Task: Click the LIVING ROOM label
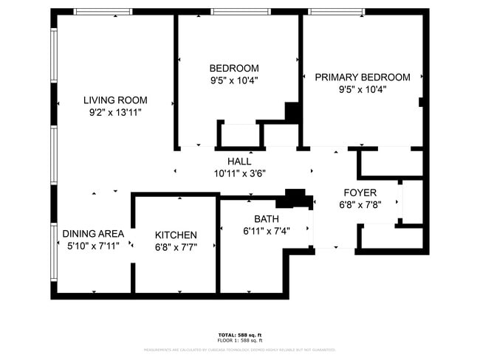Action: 115,100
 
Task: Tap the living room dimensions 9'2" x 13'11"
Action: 115,113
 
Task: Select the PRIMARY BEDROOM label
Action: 363,77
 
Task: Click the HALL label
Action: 239,161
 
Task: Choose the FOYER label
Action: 357,193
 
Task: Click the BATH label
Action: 267,218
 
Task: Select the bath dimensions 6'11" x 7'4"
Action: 267,230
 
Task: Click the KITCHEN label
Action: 176,235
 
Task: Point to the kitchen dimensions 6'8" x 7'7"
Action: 176,247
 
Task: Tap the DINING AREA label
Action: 93,233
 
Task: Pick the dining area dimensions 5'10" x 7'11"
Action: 93,246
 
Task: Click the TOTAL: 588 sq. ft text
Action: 240,335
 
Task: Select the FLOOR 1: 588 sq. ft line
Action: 240,340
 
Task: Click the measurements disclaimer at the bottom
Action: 240,350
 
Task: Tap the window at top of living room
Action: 103,12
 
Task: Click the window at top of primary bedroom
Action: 336,12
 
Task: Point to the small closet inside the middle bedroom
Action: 240,135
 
